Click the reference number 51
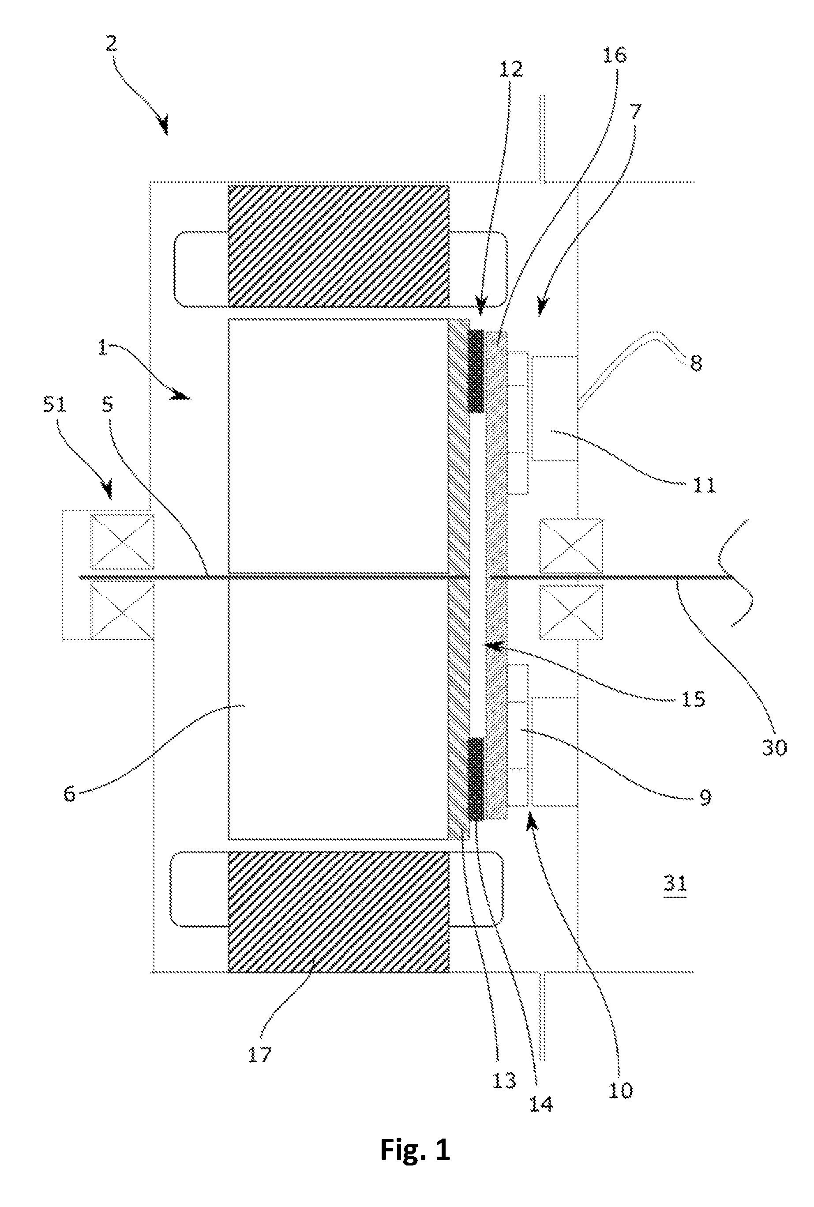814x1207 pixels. pos(55,404)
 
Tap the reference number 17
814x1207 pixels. pos(259,1054)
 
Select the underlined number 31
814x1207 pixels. pos(675,883)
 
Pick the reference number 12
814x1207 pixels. pos(511,68)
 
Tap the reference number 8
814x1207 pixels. pos(696,362)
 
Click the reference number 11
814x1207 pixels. pos(704,485)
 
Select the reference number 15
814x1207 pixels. pos(694,698)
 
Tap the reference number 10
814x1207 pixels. pos(620,1090)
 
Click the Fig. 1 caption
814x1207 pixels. pos(415,1149)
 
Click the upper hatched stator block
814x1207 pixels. pos(338,245)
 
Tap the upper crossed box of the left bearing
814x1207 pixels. pos(122,541)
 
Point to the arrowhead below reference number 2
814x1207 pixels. pos(165,126)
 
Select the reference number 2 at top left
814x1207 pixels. pos(111,44)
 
